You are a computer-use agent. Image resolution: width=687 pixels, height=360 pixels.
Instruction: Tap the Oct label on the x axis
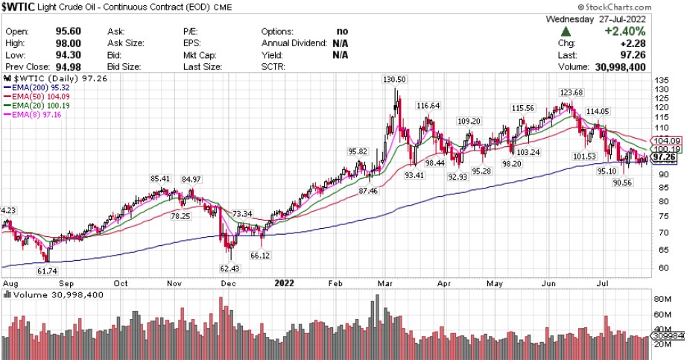pyautogui.click(x=122, y=283)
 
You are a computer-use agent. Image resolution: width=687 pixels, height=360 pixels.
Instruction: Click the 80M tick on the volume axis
pyautogui.click(x=661, y=300)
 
